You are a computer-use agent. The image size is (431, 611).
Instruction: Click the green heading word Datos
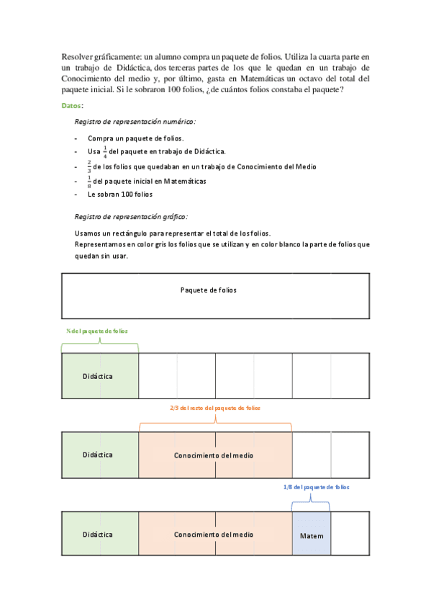click(x=71, y=105)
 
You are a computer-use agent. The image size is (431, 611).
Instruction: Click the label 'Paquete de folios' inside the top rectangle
click(x=208, y=290)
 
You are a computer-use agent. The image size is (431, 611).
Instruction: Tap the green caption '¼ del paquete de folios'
click(x=97, y=331)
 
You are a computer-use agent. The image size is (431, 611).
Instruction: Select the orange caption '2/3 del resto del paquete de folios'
click(x=214, y=408)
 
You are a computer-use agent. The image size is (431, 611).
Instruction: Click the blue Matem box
click(x=312, y=535)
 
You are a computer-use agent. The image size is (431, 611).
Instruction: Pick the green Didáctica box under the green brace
click(x=99, y=376)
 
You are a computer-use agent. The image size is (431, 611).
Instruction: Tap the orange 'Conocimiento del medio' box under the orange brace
click(x=214, y=455)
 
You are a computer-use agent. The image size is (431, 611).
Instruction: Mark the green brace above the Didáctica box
click(x=99, y=347)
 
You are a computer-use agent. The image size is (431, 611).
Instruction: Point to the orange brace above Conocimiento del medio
click(x=214, y=424)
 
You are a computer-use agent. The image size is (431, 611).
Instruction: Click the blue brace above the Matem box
click(x=311, y=503)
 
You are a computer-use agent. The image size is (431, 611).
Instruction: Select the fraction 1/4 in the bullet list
click(x=104, y=151)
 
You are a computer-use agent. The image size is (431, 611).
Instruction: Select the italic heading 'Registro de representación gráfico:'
click(x=131, y=216)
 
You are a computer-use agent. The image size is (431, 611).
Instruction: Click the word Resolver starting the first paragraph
click(x=80, y=56)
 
